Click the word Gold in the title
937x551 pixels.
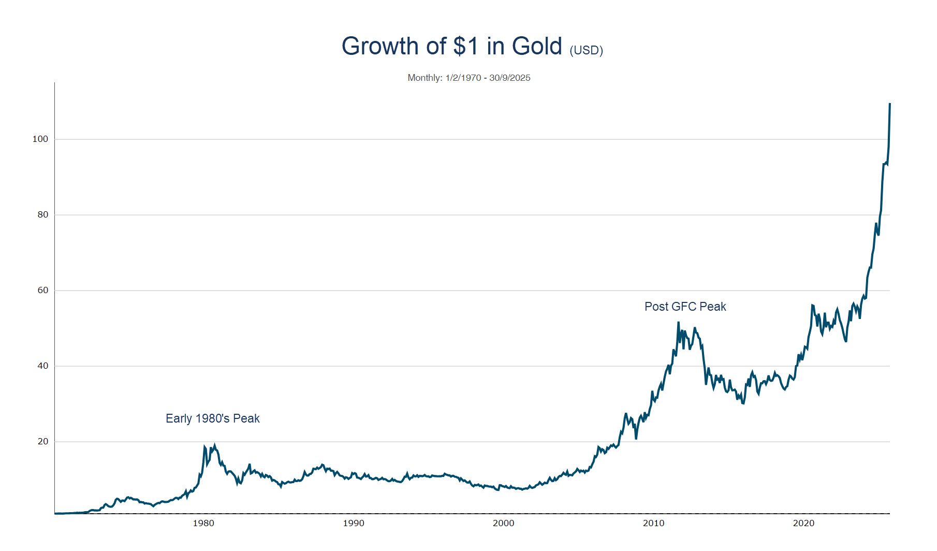coord(537,47)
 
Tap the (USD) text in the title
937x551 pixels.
coord(586,50)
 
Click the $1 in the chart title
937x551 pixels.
coord(466,47)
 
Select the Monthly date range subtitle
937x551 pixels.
coord(468,78)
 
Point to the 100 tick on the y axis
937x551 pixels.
coord(40,139)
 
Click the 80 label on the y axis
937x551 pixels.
coord(42,214)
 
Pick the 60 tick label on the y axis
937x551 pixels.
coord(42,290)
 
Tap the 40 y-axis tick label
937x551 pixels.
coord(42,366)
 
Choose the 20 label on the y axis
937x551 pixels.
coord(42,441)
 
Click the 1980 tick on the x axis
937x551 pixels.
coord(203,523)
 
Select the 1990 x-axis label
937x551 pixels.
coord(354,523)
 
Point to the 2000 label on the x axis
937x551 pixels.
coord(504,523)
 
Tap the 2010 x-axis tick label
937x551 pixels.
coord(653,523)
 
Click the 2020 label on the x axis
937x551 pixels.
coord(803,523)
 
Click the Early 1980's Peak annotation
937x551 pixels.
coord(212,418)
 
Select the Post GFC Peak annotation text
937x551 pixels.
coord(685,307)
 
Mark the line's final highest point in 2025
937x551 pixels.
coord(889,105)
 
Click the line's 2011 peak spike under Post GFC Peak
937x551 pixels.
coord(678,323)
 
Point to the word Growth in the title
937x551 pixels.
coord(380,47)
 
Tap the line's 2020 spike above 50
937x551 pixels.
coord(812,306)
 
